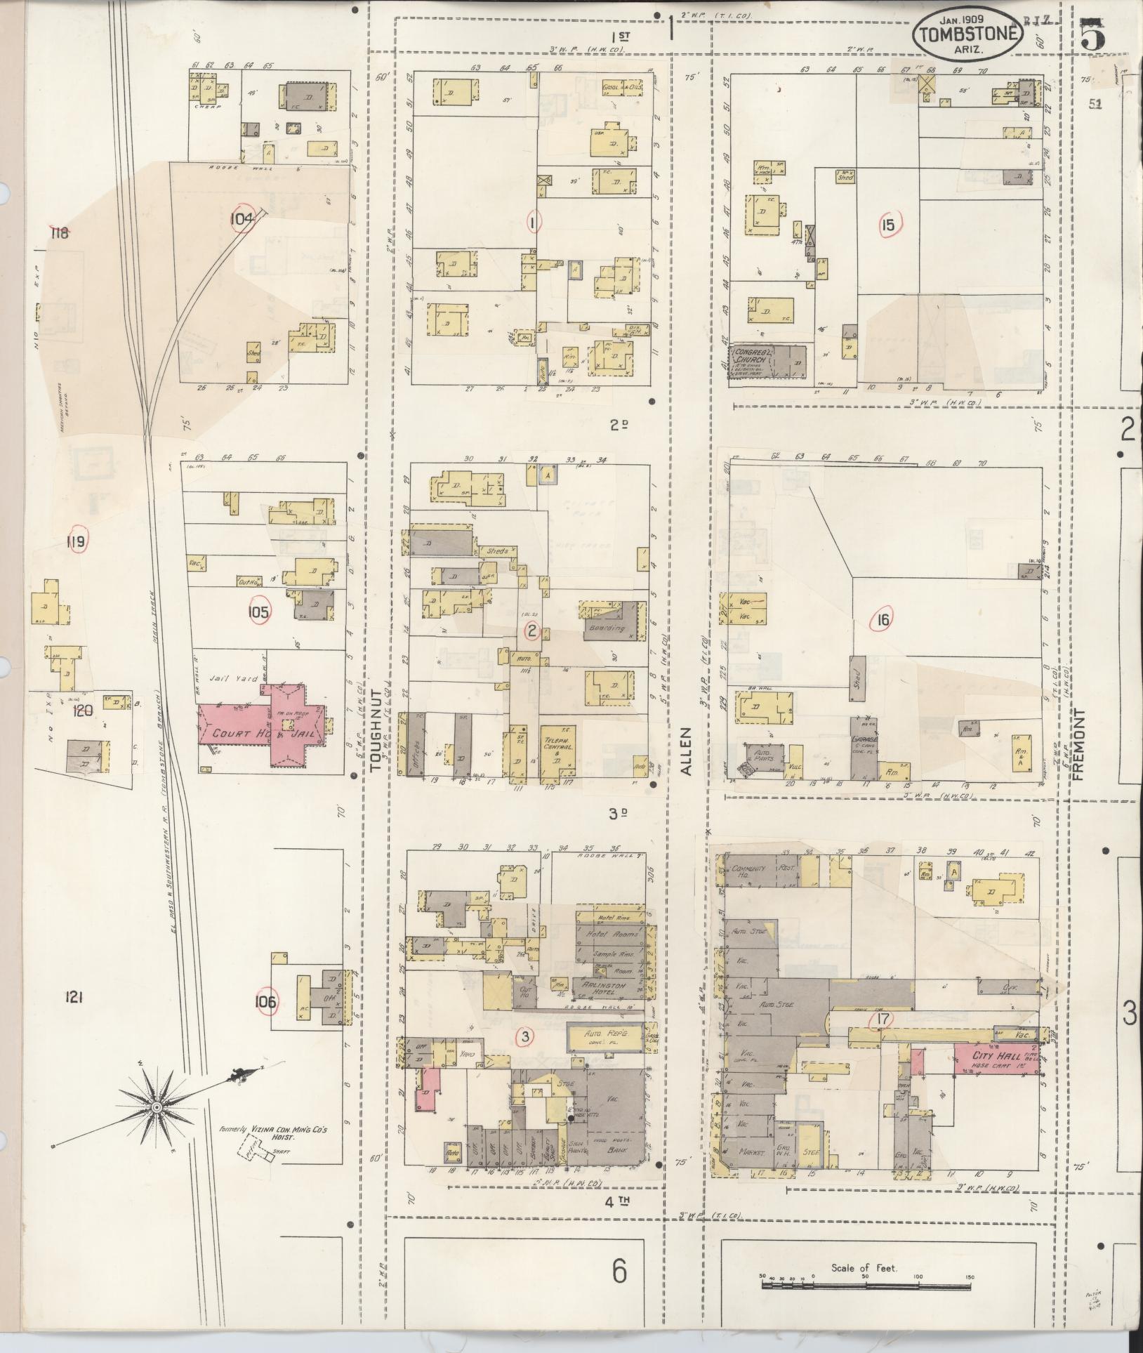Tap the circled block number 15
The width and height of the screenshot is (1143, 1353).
point(889,225)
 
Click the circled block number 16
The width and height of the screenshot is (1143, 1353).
point(883,619)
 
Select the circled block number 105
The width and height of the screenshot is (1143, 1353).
point(258,612)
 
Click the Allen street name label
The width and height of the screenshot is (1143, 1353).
point(685,751)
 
